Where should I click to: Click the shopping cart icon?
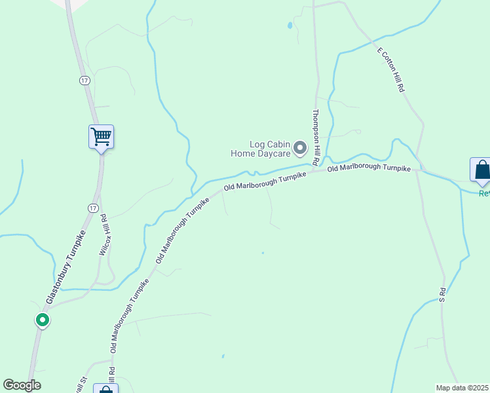pos(101,137)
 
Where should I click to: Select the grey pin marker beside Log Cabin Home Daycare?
pos(301,148)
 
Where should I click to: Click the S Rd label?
pos(442,294)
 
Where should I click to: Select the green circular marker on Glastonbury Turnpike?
pos(43,320)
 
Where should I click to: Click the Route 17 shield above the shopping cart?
pos(84,80)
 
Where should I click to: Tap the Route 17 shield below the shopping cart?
pos(92,207)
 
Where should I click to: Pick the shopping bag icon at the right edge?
pos(481,170)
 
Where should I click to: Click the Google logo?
pos(22,385)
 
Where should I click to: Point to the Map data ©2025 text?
pos(462,388)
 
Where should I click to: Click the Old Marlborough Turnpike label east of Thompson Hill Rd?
pos(369,168)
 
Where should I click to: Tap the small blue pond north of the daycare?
pos(289,26)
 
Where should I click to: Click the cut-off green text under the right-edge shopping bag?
pos(484,193)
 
